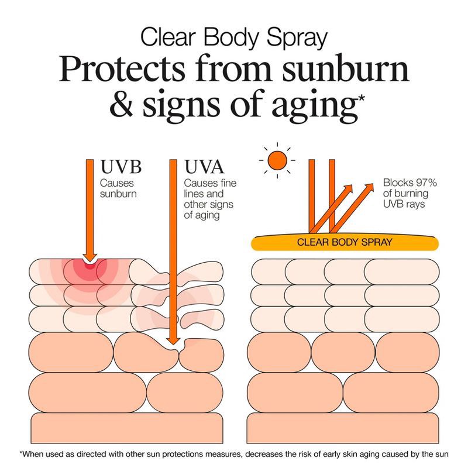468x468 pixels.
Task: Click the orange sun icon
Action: click(277, 160)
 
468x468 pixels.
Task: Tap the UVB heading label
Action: click(121, 167)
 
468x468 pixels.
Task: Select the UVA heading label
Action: click(204, 167)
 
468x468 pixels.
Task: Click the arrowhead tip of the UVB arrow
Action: click(90, 261)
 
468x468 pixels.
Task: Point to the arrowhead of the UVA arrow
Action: click(173, 341)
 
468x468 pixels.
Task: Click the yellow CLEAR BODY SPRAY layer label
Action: click(345, 242)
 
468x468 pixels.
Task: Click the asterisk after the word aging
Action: click(361, 98)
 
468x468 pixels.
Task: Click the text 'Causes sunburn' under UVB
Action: click(118, 188)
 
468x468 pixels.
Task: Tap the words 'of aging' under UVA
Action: click(202, 215)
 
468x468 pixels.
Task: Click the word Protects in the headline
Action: click(122, 68)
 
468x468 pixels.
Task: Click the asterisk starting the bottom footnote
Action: click(21, 453)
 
